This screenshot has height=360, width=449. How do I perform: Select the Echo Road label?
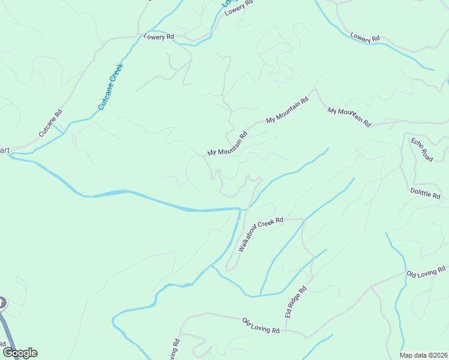[422, 149]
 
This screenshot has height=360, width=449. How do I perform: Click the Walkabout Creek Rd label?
[260, 234]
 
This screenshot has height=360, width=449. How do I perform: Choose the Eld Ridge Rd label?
[295, 302]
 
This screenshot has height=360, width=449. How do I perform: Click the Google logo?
[20, 353]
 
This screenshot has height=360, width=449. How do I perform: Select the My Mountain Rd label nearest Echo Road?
[349, 116]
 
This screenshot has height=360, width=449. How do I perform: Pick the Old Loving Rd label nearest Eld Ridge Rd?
[261, 326]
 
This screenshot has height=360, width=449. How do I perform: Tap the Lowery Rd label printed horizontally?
[158, 37]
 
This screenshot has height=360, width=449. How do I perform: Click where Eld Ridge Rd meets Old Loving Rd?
[286, 330]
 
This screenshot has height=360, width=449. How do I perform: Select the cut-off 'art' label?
[4, 150]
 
